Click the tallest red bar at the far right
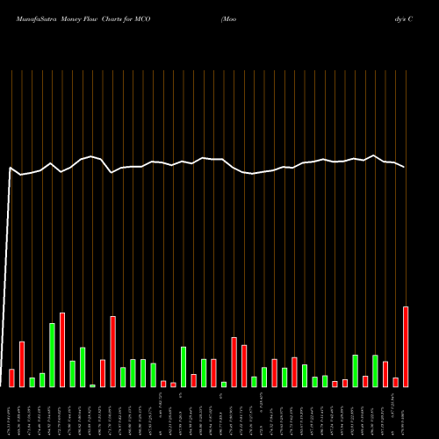pyautogui.click(x=406, y=347)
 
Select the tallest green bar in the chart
pyautogui.click(x=53, y=355)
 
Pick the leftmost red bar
pyautogui.click(x=12, y=378)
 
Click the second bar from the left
pyautogui.click(x=22, y=363)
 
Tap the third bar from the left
pyautogui.click(x=32, y=382)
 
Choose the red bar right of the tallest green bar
pyautogui.click(x=62, y=349)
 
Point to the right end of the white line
pyautogui.click(x=405, y=167)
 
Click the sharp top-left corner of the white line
pyautogui.click(x=11, y=168)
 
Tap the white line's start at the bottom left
pyautogui.click(x=2, y=385)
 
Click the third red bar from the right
pyautogui.click(x=385, y=374)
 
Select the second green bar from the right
pyautogui.click(x=355, y=371)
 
